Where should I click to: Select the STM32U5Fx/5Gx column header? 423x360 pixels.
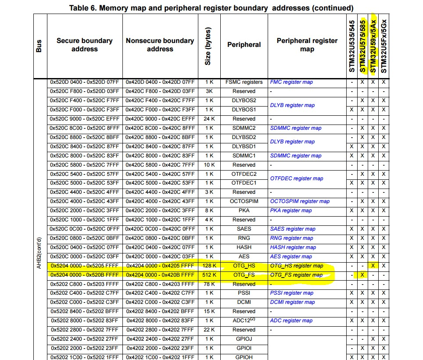(384, 46)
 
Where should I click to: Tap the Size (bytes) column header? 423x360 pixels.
(208, 46)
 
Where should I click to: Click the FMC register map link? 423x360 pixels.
(291, 82)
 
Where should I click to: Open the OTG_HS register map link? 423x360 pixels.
(297, 266)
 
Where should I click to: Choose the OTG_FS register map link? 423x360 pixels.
(296, 275)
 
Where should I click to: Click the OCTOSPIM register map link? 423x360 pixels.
(300, 201)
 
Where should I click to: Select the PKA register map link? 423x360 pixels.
(291, 210)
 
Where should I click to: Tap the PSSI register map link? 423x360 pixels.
(292, 293)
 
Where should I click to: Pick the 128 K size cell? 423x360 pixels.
(208, 266)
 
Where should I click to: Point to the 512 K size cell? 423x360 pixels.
(208, 275)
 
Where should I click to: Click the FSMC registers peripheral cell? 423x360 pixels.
(244, 82)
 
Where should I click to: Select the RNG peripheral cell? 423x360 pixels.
(244, 238)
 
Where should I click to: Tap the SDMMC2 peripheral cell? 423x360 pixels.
(244, 128)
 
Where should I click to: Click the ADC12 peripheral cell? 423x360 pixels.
(244, 321)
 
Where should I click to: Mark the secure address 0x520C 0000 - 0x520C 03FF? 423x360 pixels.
(85, 257)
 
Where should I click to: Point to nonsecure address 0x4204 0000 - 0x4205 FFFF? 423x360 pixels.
(160, 266)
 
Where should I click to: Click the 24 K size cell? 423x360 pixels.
(208, 119)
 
